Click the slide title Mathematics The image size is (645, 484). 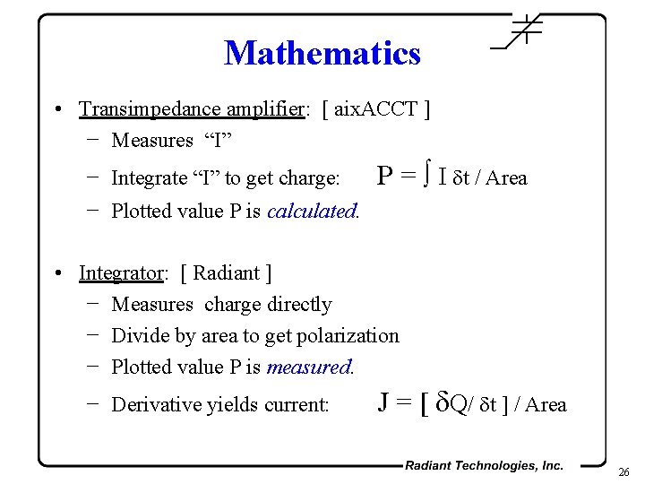322,53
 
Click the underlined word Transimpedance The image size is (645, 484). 135,109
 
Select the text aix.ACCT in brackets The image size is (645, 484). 377,109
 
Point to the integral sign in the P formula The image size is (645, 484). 429,176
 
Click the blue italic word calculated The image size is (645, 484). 312,212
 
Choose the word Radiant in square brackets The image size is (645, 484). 226,272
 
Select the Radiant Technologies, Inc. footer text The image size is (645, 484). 484,465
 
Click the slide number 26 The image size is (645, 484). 625,472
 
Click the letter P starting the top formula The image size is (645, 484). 385,176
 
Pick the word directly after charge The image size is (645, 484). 300,305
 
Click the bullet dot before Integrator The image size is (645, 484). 56,273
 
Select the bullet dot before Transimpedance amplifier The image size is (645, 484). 56,110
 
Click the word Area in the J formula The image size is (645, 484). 546,405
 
